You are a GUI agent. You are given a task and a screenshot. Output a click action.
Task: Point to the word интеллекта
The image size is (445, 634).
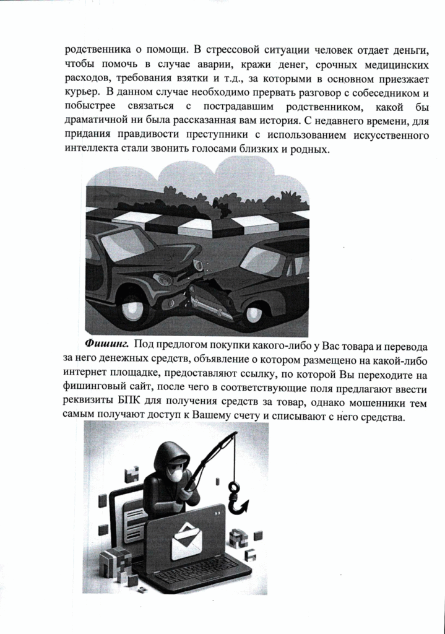(90, 150)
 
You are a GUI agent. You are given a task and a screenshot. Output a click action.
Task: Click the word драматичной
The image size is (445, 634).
(98, 121)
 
